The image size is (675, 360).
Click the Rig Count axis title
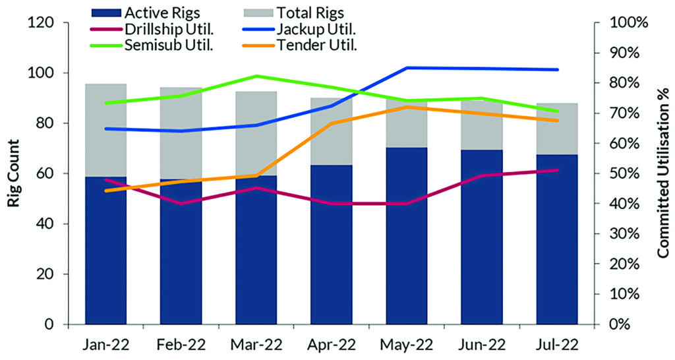click(14, 173)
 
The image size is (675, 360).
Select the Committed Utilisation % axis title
click(662, 173)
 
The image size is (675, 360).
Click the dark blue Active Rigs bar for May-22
click(407, 237)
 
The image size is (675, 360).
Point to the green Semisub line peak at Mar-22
click(256, 76)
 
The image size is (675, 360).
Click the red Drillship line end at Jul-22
click(558, 170)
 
